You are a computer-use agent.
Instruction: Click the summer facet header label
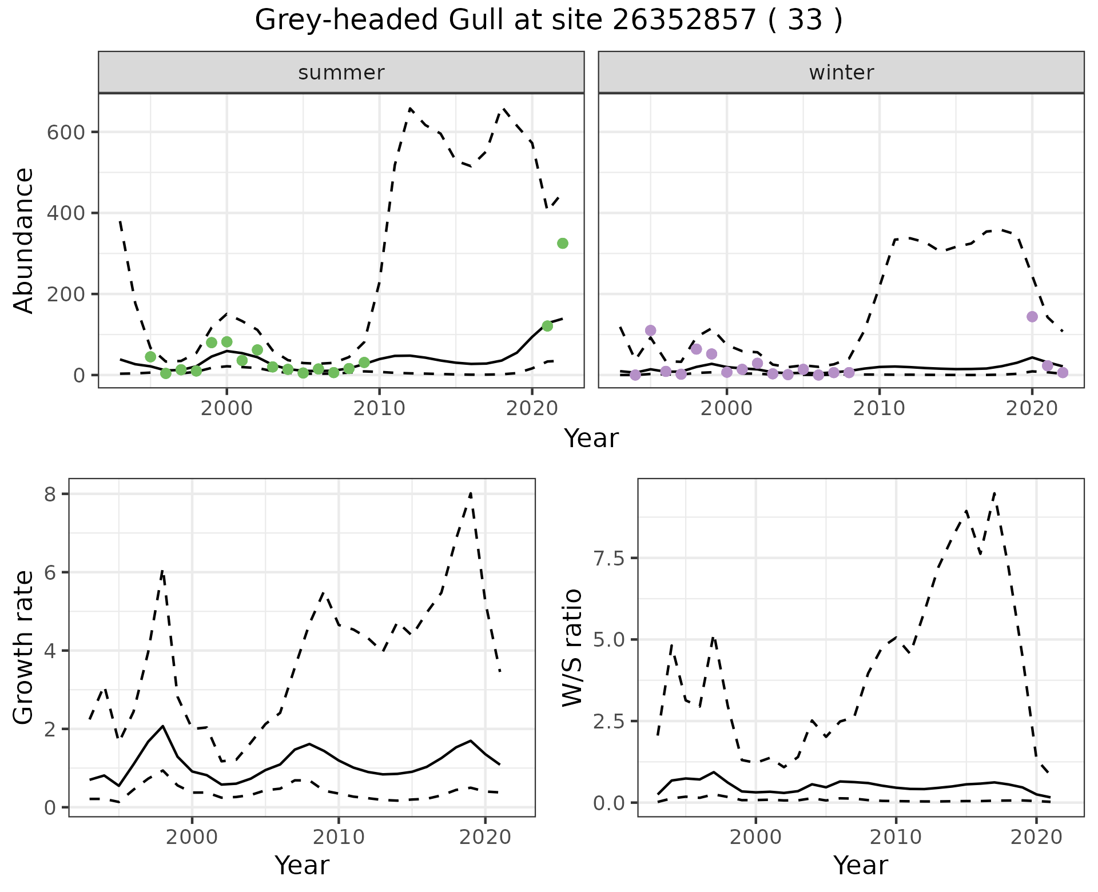[341, 73]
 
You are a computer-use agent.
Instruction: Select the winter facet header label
[841, 73]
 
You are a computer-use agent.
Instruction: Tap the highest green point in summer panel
[563, 244]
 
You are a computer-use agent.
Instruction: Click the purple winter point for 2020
[1032, 317]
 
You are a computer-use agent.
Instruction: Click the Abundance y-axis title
[24, 241]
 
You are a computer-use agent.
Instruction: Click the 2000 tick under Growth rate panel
[192, 837]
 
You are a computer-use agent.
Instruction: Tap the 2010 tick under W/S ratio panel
[896, 837]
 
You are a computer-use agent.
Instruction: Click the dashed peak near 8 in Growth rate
[470, 493]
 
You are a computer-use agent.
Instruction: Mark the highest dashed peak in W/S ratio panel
[995, 493]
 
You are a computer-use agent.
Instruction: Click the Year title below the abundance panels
[591, 439]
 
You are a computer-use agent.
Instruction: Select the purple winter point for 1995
[650, 330]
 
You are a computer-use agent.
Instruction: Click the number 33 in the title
[805, 21]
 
